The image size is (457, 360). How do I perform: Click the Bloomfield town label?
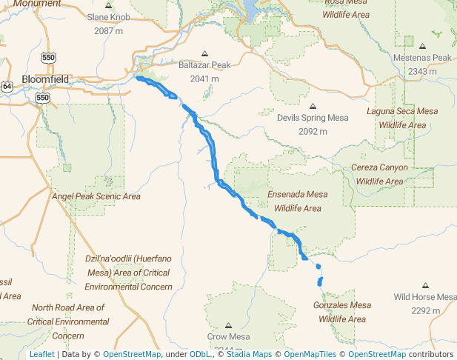pyautogui.click(x=45, y=79)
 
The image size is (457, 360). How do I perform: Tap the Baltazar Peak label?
pyautogui.click(x=204, y=66)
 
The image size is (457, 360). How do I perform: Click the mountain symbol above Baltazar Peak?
pyautogui.click(x=204, y=53)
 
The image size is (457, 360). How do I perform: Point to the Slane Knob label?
pyautogui.click(x=109, y=17)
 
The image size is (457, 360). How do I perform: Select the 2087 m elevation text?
pyautogui.click(x=109, y=31)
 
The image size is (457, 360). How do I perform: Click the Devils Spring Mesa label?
pyautogui.click(x=313, y=118)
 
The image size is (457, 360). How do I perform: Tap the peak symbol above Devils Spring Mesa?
pyautogui.click(x=313, y=106)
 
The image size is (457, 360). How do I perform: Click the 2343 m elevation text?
pyautogui.click(x=422, y=71)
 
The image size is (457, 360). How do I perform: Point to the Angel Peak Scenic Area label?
pyautogui.click(x=96, y=196)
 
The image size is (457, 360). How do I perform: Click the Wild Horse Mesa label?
pyautogui.click(x=425, y=297)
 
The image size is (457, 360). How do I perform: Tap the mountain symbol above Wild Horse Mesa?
pyautogui.click(x=425, y=285)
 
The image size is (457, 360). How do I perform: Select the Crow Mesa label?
pyautogui.click(x=228, y=336)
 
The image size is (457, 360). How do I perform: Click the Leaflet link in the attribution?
pyautogui.click(x=41, y=355)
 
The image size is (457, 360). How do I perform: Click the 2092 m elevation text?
pyautogui.click(x=313, y=131)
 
